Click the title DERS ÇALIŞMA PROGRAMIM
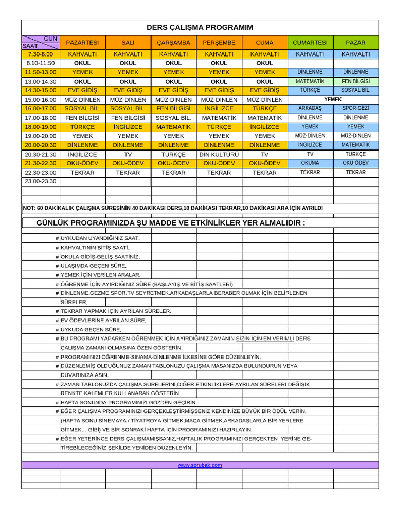pos(200,27)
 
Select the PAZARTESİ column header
pos(83,42)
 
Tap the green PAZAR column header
pos(355,42)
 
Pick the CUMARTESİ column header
pos(310,42)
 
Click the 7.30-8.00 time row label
pos(41,54)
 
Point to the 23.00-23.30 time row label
pos(41,181)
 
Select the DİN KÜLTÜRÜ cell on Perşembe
pos(219,154)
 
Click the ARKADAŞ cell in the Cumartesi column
pos(310,108)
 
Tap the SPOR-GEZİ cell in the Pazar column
pos(355,108)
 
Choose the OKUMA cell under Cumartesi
pos(310,163)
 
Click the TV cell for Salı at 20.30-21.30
pos(128,154)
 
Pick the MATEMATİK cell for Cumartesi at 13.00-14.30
pos(310,81)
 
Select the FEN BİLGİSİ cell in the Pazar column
pos(355,81)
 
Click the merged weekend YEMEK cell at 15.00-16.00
pos(333,99)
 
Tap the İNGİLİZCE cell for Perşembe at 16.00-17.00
pos(219,108)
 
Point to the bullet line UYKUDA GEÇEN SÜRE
pos(91,329)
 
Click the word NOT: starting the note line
pos(28,208)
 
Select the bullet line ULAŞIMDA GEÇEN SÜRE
pos(93,266)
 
